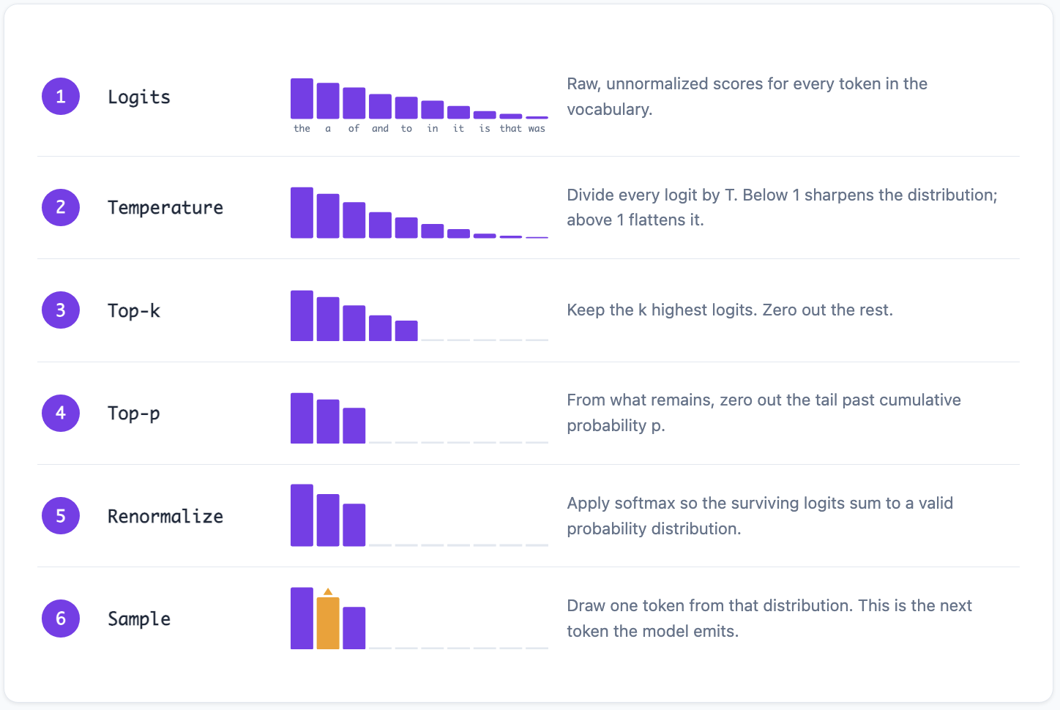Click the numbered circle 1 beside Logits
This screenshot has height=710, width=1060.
tap(61, 97)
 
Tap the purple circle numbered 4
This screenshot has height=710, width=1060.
tap(61, 413)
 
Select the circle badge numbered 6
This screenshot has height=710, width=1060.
tap(61, 619)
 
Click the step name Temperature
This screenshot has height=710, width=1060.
tap(165, 208)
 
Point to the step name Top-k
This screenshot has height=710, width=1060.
tap(134, 310)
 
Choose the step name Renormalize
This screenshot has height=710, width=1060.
tap(165, 516)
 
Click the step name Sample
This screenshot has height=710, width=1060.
tap(139, 619)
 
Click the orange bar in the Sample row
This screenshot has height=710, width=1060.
tap(328, 623)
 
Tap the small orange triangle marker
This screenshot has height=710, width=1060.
tap(328, 591)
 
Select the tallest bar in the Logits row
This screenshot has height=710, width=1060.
tap(302, 98)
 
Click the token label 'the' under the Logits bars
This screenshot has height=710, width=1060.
tap(302, 128)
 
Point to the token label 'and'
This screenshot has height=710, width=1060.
tap(380, 128)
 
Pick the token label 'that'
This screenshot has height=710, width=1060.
tap(510, 128)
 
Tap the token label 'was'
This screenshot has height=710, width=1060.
tap(537, 128)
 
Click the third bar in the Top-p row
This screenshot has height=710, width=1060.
tap(354, 425)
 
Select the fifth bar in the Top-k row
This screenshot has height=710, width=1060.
tap(406, 331)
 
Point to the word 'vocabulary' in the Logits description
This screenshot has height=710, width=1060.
tap(607, 109)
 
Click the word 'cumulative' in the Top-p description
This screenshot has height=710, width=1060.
tap(920, 400)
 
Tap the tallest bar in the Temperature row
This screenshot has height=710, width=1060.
tap(302, 212)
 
